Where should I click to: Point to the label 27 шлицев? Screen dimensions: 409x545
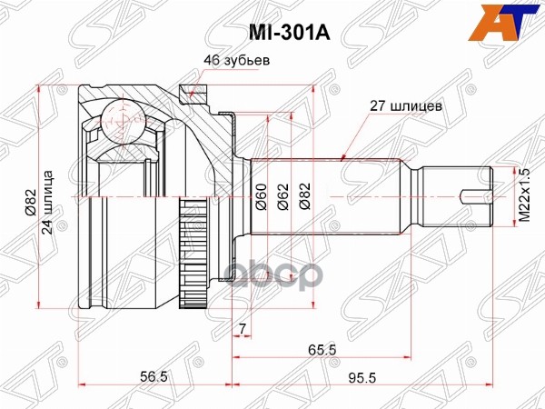[x=405, y=105]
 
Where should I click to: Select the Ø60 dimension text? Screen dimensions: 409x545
[x=258, y=196]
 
